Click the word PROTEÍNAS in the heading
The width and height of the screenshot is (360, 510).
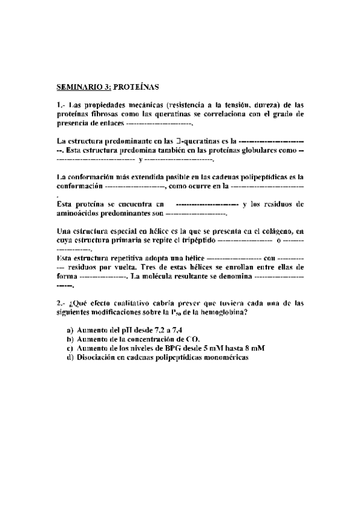[x=136, y=86]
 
